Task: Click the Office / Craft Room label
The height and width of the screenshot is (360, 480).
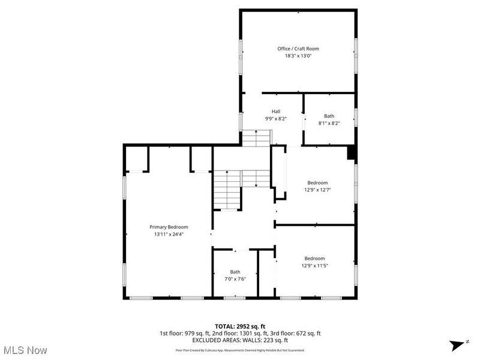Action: click(x=298, y=49)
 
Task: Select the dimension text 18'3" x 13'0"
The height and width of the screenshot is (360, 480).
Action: click(x=298, y=56)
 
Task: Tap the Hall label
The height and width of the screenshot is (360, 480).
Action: click(x=276, y=112)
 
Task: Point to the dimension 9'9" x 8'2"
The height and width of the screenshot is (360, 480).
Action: click(x=276, y=119)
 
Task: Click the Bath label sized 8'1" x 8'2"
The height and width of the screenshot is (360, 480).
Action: click(x=329, y=116)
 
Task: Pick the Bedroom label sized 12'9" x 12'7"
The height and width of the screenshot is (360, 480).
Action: click(x=317, y=182)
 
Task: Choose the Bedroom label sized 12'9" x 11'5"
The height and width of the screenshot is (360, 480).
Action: click(x=314, y=258)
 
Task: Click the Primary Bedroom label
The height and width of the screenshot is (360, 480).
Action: click(x=169, y=227)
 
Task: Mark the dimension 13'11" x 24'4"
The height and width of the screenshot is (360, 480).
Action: click(x=169, y=234)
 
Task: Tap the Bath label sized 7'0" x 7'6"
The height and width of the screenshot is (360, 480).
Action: click(x=235, y=272)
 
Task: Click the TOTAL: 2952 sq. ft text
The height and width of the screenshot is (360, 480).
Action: click(x=240, y=326)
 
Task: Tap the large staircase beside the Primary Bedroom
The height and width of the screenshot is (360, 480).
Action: click(x=227, y=189)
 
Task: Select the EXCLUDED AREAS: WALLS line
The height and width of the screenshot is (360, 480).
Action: click(x=240, y=340)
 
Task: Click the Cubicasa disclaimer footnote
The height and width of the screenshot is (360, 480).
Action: click(x=240, y=350)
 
